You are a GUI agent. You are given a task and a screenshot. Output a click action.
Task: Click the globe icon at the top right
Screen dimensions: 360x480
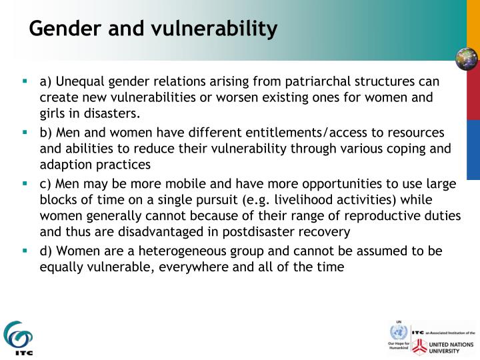click(x=467, y=59)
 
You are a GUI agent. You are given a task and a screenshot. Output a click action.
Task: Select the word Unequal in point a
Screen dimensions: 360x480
click(x=77, y=82)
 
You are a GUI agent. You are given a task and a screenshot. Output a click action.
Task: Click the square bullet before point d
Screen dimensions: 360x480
click(x=25, y=251)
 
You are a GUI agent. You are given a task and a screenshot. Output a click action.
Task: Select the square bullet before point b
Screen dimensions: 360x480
click(x=25, y=133)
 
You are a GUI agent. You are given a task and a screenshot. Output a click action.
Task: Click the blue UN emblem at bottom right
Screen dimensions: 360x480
click(x=399, y=332)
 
